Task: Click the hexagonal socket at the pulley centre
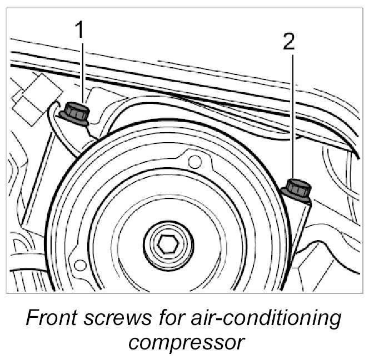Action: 165,242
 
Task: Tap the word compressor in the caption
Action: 184,341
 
